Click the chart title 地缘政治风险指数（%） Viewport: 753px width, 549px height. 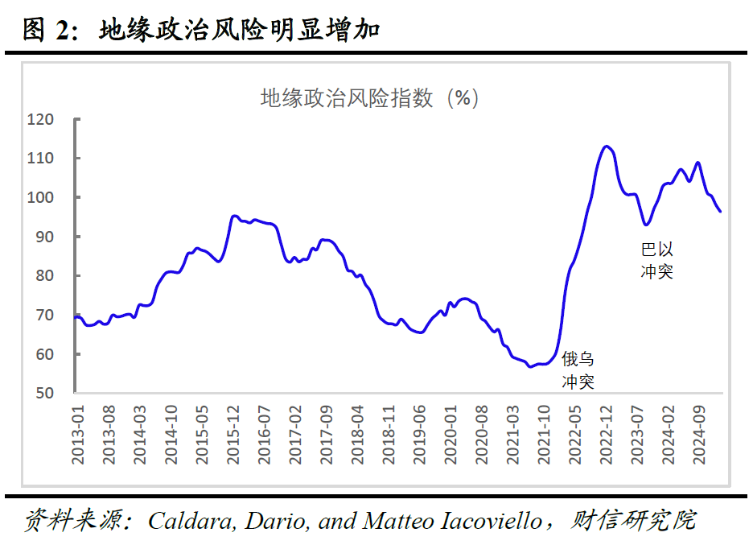[x=370, y=98]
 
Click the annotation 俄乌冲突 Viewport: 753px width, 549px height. [x=578, y=370]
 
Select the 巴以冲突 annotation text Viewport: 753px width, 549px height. [x=656, y=260]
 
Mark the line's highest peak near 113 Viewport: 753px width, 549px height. [x=607, y=146]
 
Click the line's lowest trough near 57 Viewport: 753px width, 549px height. [x=529, y=366]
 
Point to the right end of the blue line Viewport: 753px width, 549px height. [x=720, y=211]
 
